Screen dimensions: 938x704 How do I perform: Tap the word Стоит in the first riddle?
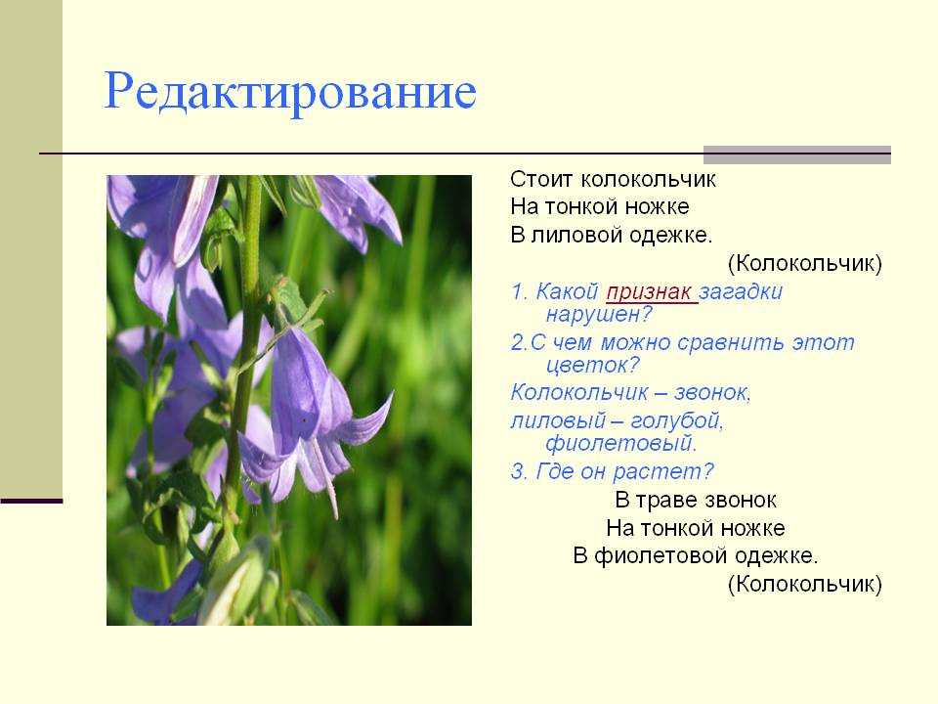pos(542,179)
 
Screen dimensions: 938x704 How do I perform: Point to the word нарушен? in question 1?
pos(598,314)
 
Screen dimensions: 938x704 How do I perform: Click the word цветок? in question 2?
pos(593,365)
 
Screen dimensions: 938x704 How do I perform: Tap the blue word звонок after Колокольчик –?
pos(712,393)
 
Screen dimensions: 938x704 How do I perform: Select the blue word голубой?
pos(676,420)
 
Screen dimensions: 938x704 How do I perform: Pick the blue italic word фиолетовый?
pos(621,443)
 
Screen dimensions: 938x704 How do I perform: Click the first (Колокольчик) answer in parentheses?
pos(804,263)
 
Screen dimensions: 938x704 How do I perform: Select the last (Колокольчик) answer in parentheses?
pos(804,584)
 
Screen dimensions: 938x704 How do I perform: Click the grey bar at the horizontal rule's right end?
pos(797,154)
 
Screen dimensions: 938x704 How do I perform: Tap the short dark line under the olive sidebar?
pos(31,501)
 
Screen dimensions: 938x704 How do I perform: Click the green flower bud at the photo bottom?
pos(236,584)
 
